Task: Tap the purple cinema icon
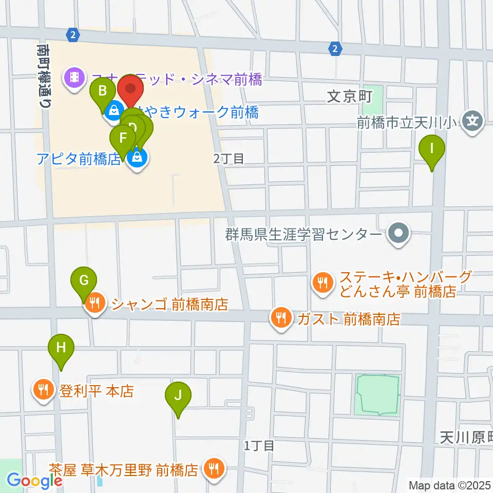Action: (x=75, y=78)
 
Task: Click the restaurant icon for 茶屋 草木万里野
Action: (x=213, y=468)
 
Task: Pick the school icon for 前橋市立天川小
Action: (x=472, y=122)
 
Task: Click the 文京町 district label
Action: (x=349, y=97)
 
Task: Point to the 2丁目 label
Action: (x=229, y=159)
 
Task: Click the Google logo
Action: (x=34, y=480)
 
